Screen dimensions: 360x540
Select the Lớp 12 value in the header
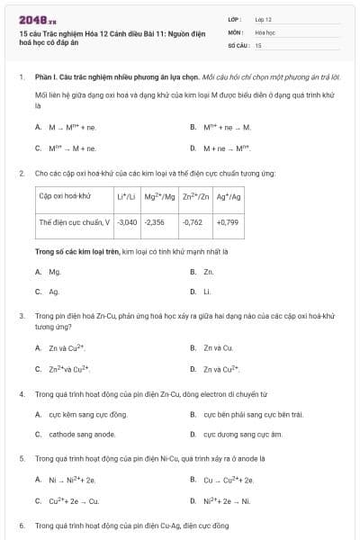click(263, 19)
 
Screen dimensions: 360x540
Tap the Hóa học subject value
click(265, 31)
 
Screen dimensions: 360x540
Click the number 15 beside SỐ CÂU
click(258, 44)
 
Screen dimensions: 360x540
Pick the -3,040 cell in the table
click(128, 220)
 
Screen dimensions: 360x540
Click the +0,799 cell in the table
click(228, 220)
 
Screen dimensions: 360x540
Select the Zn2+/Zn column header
click(196, 195)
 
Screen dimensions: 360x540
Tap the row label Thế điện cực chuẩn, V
click(75, 220)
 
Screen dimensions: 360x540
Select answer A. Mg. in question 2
click(52, 271)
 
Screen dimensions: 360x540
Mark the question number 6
click(21, 525)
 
